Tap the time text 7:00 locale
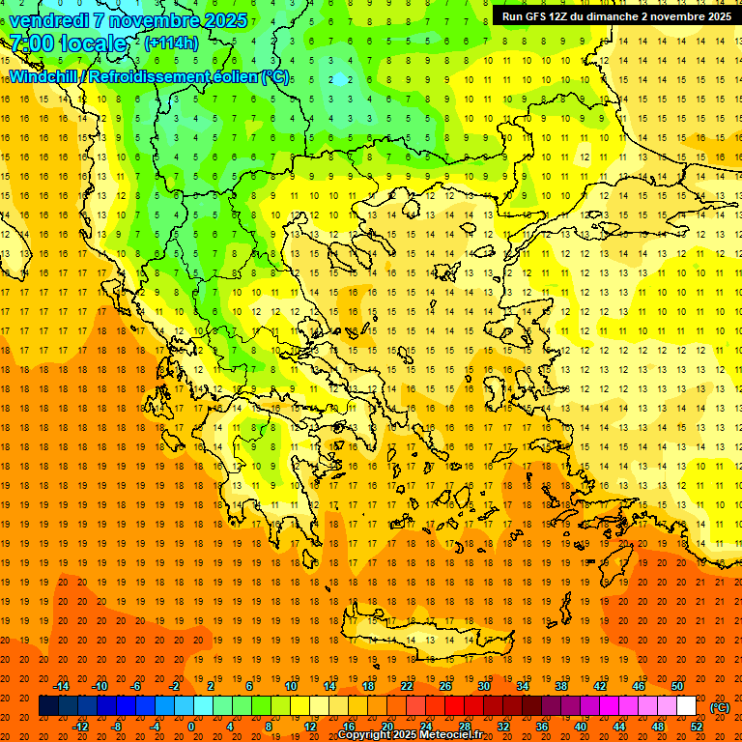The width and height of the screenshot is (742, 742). pyautogui.click(x=68, y=43)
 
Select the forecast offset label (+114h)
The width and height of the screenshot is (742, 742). pyautogui.click(x=171, y=43)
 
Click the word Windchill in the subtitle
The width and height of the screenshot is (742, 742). pyautogui.click(x=43, y=76)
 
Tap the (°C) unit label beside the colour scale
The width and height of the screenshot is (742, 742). pyautogui.click(x=719, y=707)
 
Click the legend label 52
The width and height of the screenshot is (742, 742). pyautogui.click(x=696, y=727)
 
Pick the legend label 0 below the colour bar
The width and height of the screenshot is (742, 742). pyautogui.click(x=190, y=727)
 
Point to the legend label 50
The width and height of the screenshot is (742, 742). pyautogui.click(x=676, y=686)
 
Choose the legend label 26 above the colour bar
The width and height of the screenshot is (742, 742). pyautogui.click(x=445, y=686)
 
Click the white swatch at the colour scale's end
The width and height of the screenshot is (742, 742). pyautogui.click(x=686, y=706)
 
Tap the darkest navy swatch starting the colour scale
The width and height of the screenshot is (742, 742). pyautogui.click(x=48, y=706)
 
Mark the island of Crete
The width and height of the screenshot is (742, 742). pyautogui.click(x=444, y=639)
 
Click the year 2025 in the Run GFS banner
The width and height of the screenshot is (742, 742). pyautogui.click(x=715, y=15)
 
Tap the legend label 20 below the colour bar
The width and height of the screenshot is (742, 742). pyautogui.click(x=386, y=727)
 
